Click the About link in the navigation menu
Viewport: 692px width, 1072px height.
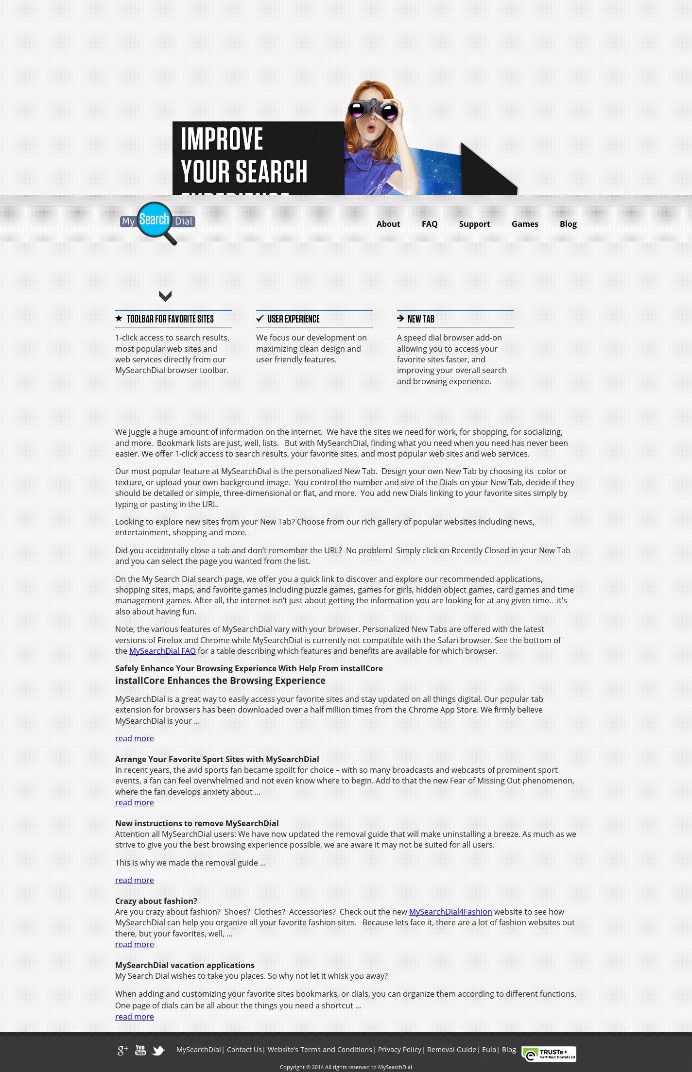tap(388, 224)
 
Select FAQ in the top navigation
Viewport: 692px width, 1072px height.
tap(430, 224)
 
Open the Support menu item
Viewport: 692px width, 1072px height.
tap(474, 224)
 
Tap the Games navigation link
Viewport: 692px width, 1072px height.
tap(524, 224)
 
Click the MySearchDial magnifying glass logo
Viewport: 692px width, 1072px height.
tap(156, 222)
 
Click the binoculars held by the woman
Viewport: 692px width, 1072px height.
tap(373, 109)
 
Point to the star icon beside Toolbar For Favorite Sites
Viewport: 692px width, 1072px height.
tap(119, 319)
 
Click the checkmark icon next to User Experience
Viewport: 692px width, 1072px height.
tap(260, 319)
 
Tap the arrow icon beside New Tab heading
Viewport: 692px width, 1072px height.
tap(400, 319)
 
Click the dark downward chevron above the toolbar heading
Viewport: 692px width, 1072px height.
tap(165, 296)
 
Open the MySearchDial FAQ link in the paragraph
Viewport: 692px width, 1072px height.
tap(162, 651)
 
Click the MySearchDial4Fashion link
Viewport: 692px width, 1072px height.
tap(450, 912)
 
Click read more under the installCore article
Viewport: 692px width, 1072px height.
tap(134, 738)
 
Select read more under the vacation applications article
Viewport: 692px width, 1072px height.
tap(134, 1017)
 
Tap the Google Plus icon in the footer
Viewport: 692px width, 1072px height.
tap(122, 1051)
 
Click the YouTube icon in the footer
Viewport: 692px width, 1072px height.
tap(140, 1050)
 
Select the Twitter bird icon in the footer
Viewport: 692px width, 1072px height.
tap(158, 1051)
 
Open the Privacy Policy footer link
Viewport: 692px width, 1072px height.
tap(399, 1050)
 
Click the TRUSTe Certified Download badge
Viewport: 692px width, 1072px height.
tap(549, 1054)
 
